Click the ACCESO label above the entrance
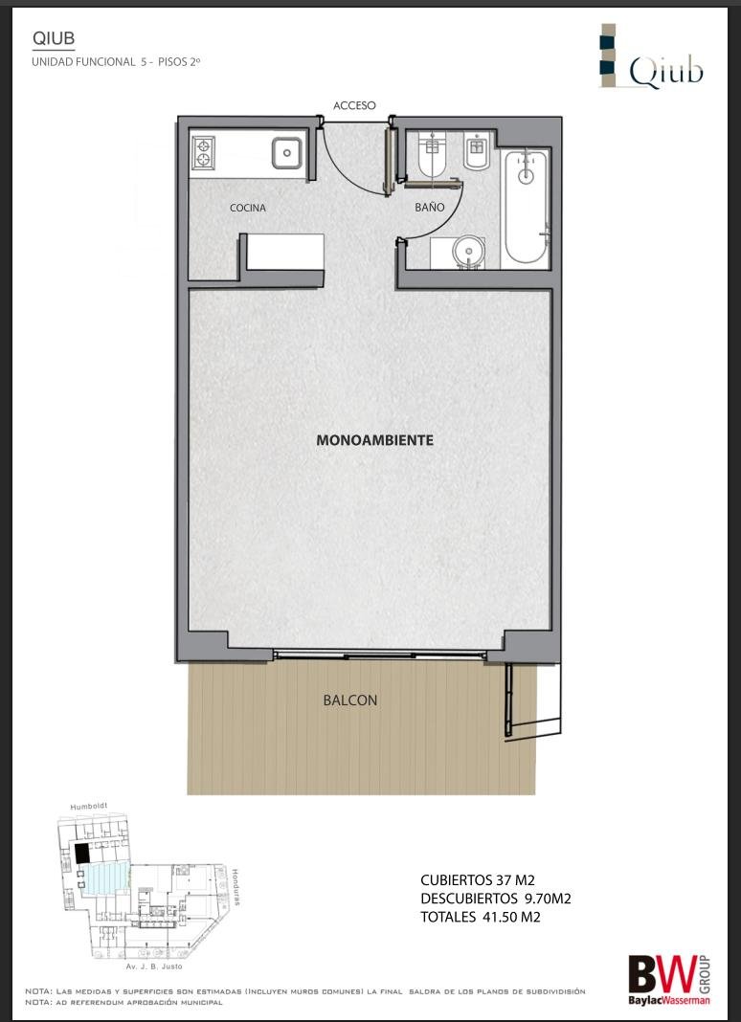click(354, 105)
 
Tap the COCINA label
click(248, 208)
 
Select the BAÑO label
click(429, 208)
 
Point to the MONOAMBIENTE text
click(375, 440)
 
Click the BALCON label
click(350, 700)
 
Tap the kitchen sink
click(287, 153)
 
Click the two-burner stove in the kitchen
click(204, 153)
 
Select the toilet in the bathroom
click(432, 156)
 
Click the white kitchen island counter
click(285, 251)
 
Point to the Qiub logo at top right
click(652, 57)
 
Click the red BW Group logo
click(668, 980)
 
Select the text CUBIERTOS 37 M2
click(478, 881)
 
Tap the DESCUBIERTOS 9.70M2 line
click(496, 899)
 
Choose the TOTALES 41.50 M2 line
click(480, 917)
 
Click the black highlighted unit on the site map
click(81, 854)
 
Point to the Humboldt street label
click(88, 807)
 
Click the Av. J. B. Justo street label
click(154, 966)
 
